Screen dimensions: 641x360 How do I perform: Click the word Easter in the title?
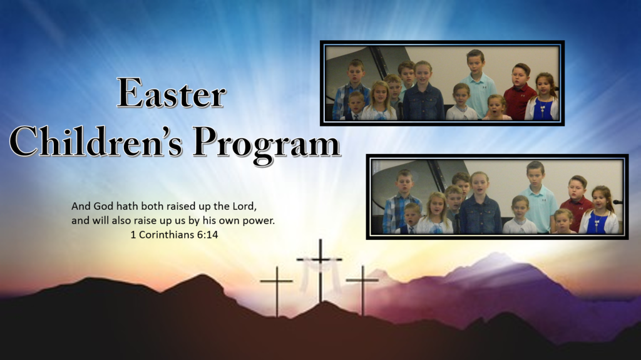[x=172, y=93]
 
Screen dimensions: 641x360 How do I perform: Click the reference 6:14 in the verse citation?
[x=208, y=235]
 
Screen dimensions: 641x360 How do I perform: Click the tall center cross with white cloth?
[x=320, y=270]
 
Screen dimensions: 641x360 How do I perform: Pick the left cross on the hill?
[x=277, y=291]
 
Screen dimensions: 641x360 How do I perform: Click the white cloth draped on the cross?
[x=320, y=273]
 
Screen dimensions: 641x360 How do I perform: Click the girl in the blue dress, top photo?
[x=543, y=98]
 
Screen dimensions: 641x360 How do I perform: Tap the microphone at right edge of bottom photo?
[x=617, y=202]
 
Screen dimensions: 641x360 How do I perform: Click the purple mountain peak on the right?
[x=496, y=259]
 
